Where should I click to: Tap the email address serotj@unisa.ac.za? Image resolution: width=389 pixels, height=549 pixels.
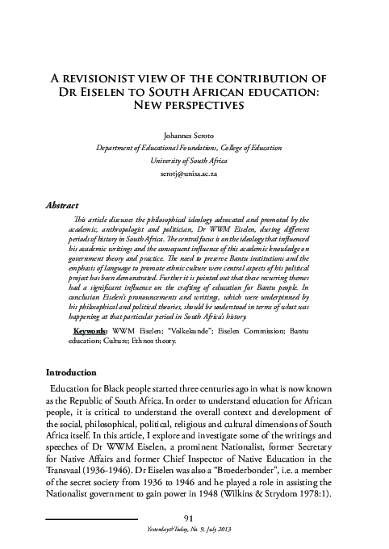[x=194, y=174]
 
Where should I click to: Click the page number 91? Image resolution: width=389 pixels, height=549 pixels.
[x=193, y=517]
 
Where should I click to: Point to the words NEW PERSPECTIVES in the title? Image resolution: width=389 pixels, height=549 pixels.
[x=194, y=107]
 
